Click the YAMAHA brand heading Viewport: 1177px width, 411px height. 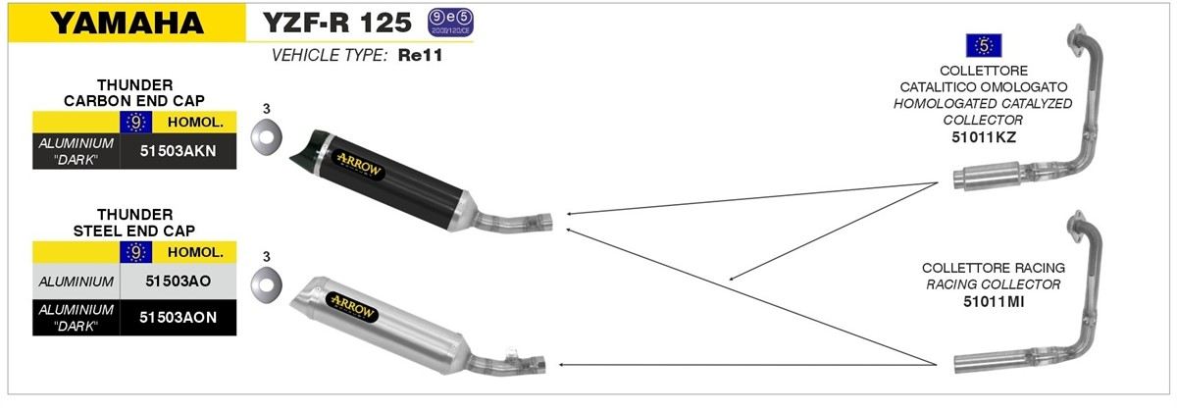(127, 24)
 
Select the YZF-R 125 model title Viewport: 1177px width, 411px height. (336, 23)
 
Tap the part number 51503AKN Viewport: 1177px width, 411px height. (179, 151)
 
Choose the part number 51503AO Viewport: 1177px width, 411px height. (179, 282)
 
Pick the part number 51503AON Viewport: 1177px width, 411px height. (179, 318)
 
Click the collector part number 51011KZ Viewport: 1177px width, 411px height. (984, 137)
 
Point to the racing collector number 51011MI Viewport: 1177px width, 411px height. (994, 302)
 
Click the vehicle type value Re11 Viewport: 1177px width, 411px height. (420, 55)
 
